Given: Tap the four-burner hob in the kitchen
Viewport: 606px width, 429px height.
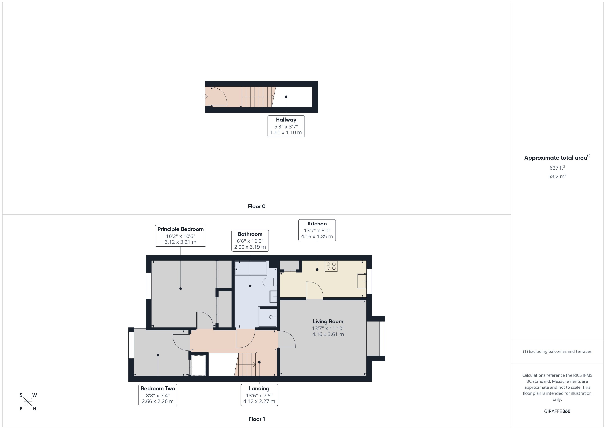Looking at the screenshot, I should point(331,266).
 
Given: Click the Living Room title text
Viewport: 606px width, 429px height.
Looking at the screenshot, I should point(328,321).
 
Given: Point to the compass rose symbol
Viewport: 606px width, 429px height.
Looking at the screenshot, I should point(28,402).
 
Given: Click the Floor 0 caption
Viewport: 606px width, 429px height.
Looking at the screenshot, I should point(256,207).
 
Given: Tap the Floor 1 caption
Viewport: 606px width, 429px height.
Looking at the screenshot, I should point(256,419).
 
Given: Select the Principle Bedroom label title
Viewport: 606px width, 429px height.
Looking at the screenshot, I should point(180,229).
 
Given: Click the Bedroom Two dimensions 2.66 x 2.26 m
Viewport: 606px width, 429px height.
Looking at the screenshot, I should point(158,401).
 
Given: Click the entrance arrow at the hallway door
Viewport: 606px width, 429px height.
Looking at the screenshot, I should point(205,96).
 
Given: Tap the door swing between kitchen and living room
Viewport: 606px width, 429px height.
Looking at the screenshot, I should point(315,291).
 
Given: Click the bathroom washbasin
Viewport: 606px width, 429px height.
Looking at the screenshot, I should point(273,296).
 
